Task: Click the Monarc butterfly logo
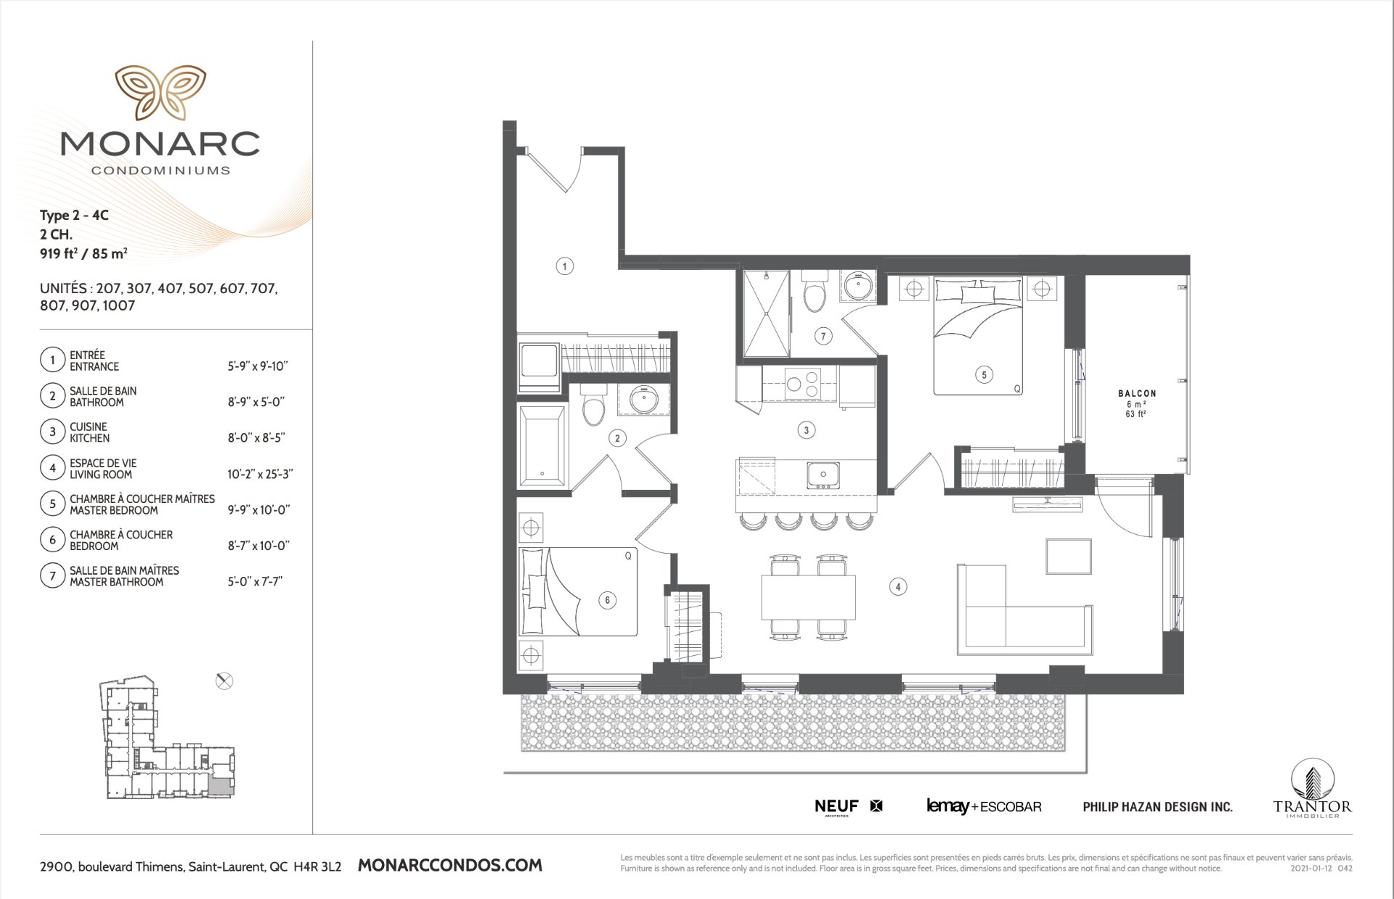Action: tap(160, 92)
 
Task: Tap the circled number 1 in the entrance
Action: tap(565, 266)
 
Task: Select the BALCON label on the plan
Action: tap(1137, 393)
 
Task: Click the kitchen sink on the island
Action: tap(823, 475)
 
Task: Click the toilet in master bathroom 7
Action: tap(815, 292)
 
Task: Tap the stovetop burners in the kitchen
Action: tap(803, 384)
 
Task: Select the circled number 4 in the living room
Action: tap(898, 587)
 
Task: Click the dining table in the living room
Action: tap(808, 596)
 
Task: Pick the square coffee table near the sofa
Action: tap(1069, 557)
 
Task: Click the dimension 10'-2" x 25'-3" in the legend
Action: tap(260, 475)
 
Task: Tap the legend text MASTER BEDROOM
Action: tap(114, 511)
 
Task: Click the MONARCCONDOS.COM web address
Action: tap(450, 865)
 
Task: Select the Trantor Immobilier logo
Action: tap(1313, 789)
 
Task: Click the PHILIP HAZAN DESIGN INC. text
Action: tap(1157, 807)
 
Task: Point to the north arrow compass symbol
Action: tap(224, 681)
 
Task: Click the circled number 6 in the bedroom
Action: tap(608, 600)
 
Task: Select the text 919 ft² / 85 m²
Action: tap(83, 253)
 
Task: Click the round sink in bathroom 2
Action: tap(643, 398)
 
